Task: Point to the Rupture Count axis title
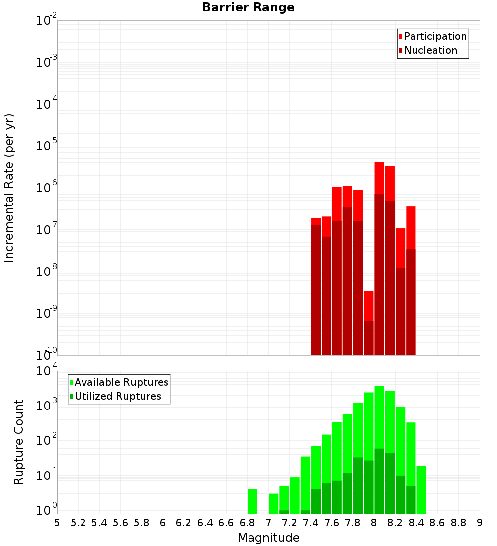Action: [19, 442]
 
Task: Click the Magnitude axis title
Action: [268, 537]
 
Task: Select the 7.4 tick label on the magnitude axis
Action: [311, 523]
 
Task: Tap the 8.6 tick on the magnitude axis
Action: [437, 523]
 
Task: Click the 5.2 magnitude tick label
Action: [78, 523]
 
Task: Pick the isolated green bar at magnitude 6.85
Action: [252, 501]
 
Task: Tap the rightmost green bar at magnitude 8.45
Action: [421, 489]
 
